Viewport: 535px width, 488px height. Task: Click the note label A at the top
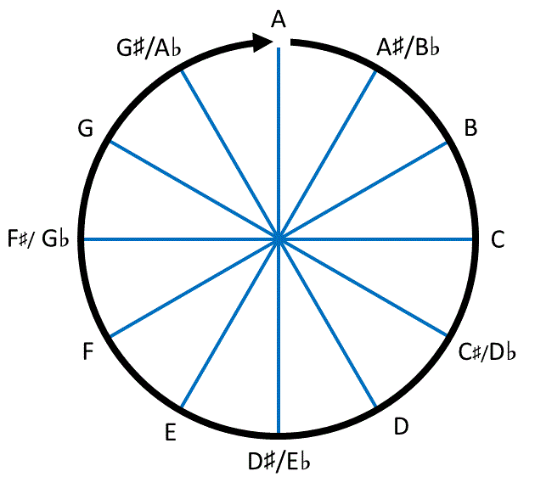point(279,19)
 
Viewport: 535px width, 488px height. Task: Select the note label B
point(470,128)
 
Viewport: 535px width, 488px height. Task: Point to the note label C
point(498,240)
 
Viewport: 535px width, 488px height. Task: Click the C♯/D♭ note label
point(487,351)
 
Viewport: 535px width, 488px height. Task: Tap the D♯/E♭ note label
point(279,463)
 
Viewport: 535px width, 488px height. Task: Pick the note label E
point(170,434)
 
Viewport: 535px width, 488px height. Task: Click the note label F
point(87,351)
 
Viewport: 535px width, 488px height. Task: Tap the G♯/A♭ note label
point(149,49)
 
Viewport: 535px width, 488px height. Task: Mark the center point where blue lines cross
point(279,239)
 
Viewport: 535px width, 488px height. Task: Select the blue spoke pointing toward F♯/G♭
point(178,239)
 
